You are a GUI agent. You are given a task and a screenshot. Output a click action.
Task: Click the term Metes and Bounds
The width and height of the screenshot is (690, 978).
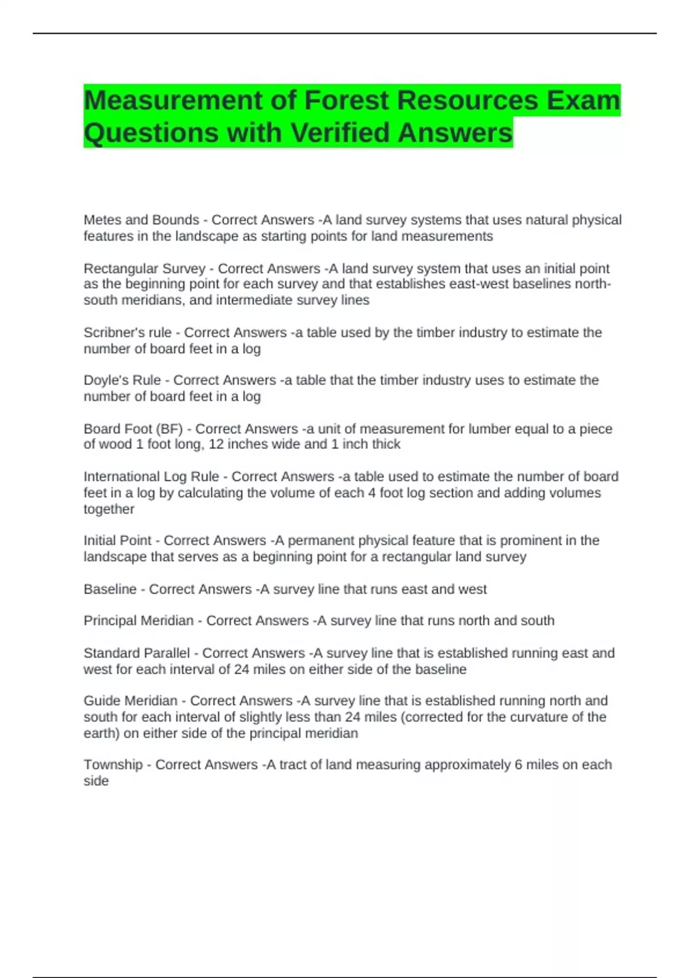tap(141, 220)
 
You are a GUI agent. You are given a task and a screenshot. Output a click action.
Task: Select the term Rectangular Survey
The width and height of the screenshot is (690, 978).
tap(144, 269)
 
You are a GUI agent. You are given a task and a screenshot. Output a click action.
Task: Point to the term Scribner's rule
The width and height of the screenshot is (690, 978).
tap(128, 333)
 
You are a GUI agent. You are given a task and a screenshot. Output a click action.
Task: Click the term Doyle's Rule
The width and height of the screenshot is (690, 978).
tap(122, 380)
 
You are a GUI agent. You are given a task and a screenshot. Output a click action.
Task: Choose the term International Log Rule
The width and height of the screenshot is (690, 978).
tap(151, 477)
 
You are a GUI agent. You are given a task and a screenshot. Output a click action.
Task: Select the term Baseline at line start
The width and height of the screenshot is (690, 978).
tap(110, 589)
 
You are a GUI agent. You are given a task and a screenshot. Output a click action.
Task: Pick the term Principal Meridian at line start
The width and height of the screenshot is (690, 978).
tap(139, 621)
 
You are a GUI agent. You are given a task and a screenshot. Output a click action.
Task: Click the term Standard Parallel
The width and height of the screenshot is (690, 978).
tap(136, 654)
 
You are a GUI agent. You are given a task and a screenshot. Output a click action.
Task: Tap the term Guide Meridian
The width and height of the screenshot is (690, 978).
tap(131, 701)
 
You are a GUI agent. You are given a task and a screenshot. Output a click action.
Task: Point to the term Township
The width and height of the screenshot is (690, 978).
tap(113, 765)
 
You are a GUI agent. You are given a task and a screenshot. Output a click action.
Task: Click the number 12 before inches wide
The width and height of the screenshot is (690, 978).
tap(216, 444)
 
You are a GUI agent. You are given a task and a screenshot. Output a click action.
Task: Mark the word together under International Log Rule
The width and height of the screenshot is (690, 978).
tap(109, 509)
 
